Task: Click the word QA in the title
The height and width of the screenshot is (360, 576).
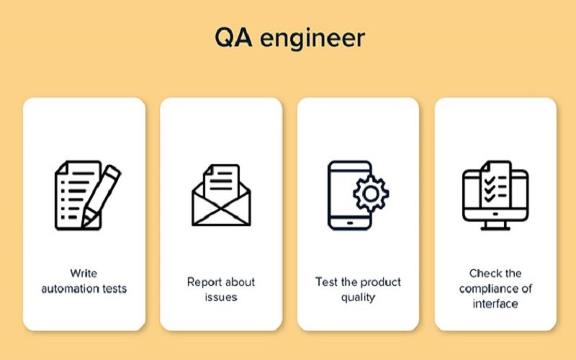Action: click(x=233, y=37)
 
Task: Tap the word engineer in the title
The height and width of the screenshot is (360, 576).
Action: click(x=312, y=39)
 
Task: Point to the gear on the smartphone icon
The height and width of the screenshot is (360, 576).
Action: click(x=371, y=194)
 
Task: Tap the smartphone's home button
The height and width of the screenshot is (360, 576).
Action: click(x=350, y=223)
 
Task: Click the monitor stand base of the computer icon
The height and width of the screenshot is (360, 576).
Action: click(x=495, y=228)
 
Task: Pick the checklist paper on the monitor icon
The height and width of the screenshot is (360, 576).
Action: click(x=495, y=185)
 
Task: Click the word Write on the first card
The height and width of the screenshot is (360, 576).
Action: click(x=84, y=274)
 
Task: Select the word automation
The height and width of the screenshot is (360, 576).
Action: click(x=70, y=289)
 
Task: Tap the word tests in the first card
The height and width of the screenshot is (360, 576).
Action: click(x=114, y=289)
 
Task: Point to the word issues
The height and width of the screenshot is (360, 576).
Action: click(x=221, y=297)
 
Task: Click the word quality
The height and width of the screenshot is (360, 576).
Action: click(x=358, y=297)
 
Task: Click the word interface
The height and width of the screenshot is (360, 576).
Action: click(x=495, y=304)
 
